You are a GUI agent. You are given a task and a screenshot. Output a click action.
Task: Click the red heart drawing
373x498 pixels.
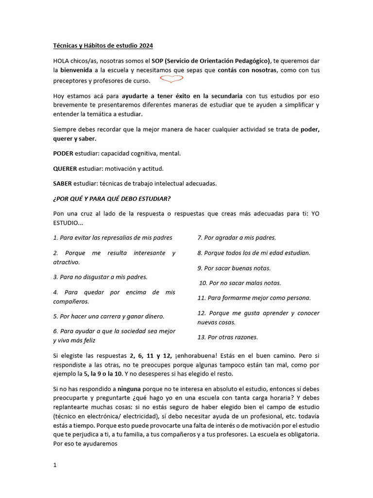tap(169, 79)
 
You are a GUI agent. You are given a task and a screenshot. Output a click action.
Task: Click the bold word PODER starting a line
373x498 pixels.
tap(63, 153)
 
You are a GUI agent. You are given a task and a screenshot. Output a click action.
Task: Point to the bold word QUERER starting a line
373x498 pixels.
tap(65, 168)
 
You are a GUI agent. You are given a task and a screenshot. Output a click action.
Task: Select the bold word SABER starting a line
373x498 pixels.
tap(62, 183)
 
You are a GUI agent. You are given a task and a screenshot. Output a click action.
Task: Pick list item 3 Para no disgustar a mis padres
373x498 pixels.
tap(100, 277)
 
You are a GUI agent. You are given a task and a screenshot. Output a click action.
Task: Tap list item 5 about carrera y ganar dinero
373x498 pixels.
tap(108, 316)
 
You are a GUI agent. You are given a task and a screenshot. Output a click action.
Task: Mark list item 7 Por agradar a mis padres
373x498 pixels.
tap(237, 238)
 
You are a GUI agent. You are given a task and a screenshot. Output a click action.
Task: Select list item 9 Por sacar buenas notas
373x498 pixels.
tap(234, 268)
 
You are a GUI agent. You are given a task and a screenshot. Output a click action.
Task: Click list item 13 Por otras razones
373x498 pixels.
tap(227, 337)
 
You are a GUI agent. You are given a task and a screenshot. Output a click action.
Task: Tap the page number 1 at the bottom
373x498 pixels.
tap(55, 465)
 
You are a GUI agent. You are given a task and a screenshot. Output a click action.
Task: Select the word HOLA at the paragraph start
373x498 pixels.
tap(61, 61)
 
